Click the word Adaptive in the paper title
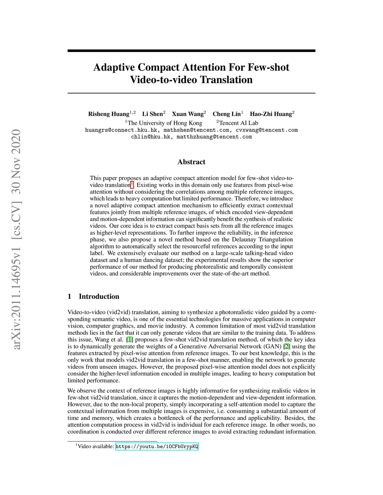coord(114,67)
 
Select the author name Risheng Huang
coord(108,114)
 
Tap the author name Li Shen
coord(152,114)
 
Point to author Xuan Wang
coord(187,114)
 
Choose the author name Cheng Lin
coord(226,114)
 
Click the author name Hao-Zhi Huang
coord(270,114)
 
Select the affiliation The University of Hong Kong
coord(165,123)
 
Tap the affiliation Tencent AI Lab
coord(238,123)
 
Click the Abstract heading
coord(191,162)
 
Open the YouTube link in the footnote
coord(157,446)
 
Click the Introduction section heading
coord(99,297)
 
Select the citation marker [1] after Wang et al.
coord(129,340)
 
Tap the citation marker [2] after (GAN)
coord(287,346)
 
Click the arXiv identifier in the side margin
coord(16,239)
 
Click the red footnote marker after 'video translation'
coord(132,184)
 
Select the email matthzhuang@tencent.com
coord(214,137)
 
